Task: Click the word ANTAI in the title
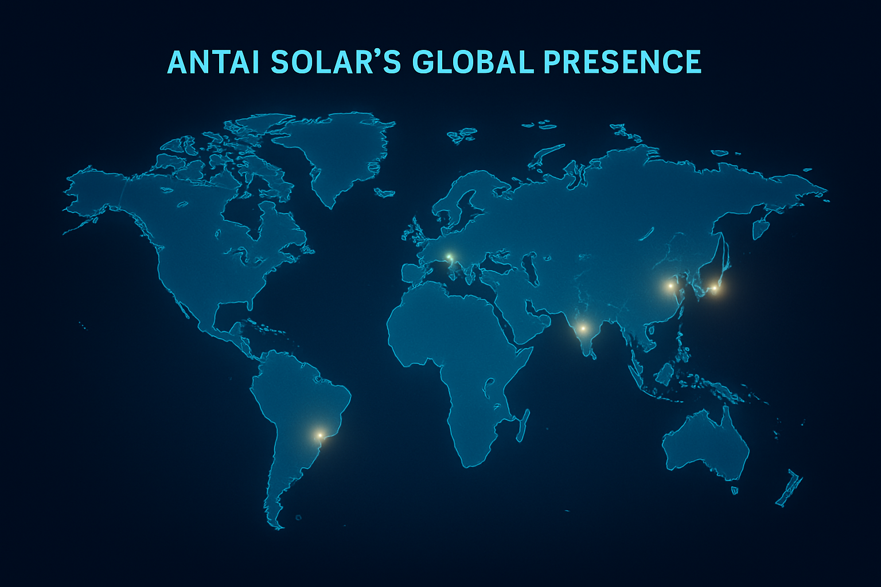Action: click(213, 62)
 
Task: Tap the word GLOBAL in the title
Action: click(473, 62)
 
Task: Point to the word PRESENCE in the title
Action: click(622, 62)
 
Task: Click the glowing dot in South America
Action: click(319, 435)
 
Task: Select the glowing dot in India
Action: click(583, 328)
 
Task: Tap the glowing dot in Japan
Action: click(715, 288)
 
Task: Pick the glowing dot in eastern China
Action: click(671, 286)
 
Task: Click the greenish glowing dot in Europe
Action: click(449, 257)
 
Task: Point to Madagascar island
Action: click(523, 425)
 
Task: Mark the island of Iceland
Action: click(384, 192)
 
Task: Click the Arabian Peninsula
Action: click(519, 315)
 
